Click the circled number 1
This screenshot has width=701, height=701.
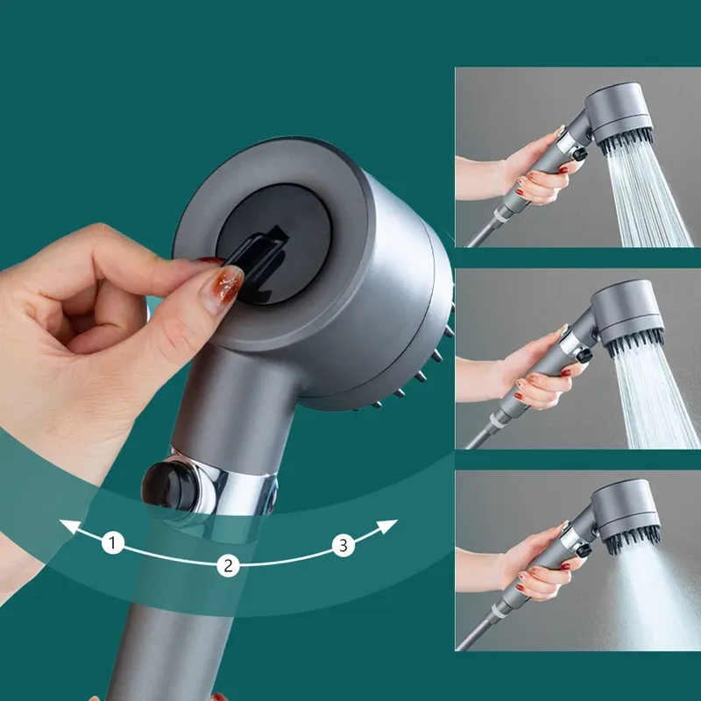(x=112, y=543)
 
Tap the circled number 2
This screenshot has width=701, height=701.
(x=228, y=565)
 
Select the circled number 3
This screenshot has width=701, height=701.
(x=343, y=546)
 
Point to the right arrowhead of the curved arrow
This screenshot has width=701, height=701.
(x=390, y=525)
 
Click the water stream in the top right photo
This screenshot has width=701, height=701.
(x=644, y=197)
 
